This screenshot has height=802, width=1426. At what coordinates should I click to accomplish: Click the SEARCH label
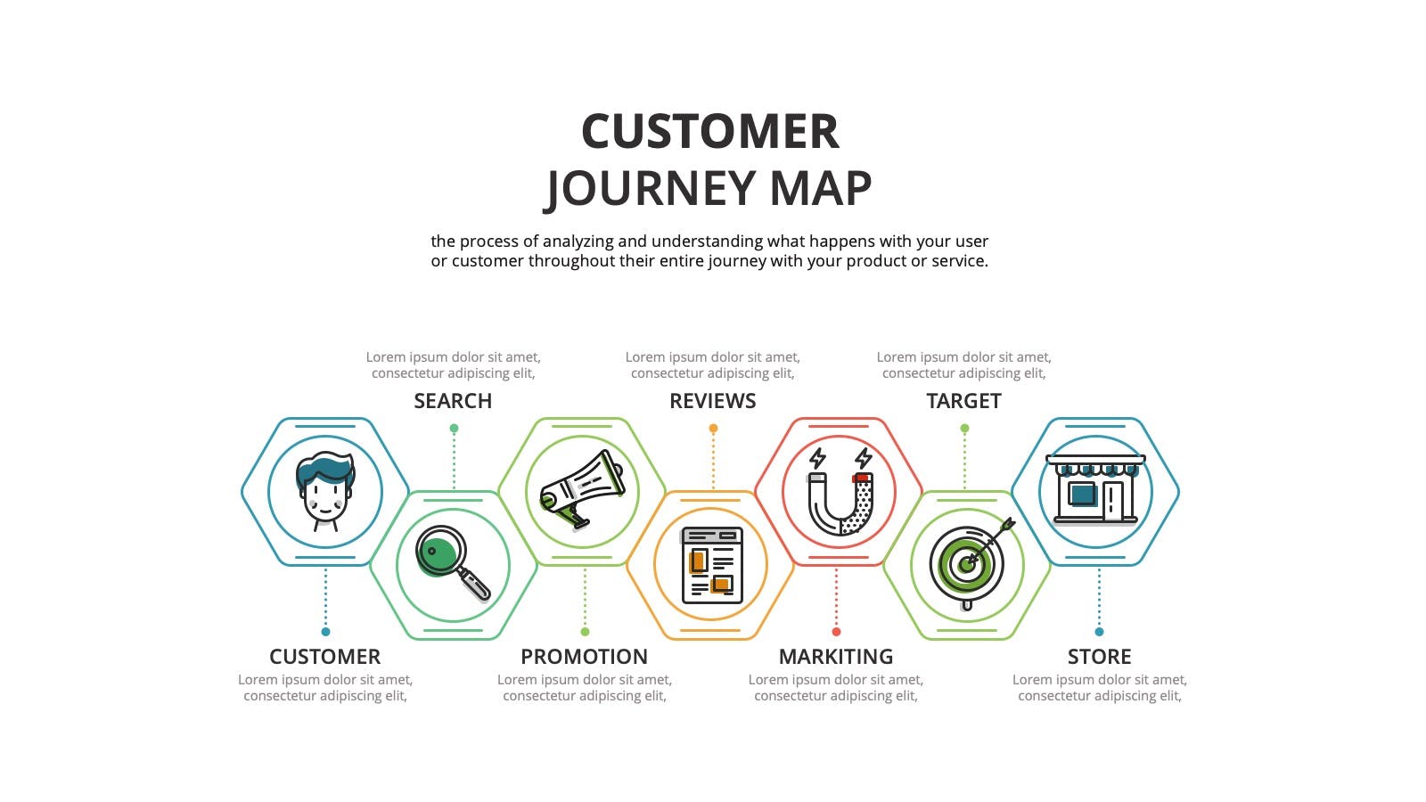coord(453,401)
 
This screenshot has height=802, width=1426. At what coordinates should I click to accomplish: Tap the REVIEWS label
coord(712,401)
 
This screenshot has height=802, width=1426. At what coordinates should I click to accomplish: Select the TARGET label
coord(963,401)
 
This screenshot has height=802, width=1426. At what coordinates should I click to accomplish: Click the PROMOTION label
coord(585,656)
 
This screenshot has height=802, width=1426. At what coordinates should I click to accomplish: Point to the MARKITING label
coord(836,656)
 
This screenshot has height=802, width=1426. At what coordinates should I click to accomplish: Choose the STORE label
coord(1100,656)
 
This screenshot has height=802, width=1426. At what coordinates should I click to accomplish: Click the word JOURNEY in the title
coord(650,189)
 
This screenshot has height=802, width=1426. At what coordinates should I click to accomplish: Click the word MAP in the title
coord(821,188)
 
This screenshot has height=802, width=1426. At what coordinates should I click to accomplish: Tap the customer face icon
coord(324,491)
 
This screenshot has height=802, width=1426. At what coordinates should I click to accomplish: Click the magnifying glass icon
coord(453,562)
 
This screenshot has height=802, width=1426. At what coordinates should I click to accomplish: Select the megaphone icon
coord(581,489)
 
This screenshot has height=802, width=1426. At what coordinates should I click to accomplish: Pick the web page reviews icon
coord(712,565)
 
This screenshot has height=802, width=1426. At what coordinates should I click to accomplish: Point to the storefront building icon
coord(1095,489)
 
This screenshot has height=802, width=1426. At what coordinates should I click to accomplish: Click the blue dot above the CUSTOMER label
coord(325,632)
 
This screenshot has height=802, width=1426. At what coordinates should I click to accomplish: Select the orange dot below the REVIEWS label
coord(713,429)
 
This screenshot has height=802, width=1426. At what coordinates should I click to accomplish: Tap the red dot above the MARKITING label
coord(836,632)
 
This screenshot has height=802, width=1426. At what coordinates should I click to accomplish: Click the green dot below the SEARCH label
coord(454,429)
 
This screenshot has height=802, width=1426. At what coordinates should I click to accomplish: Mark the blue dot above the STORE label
coord(1099,632)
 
